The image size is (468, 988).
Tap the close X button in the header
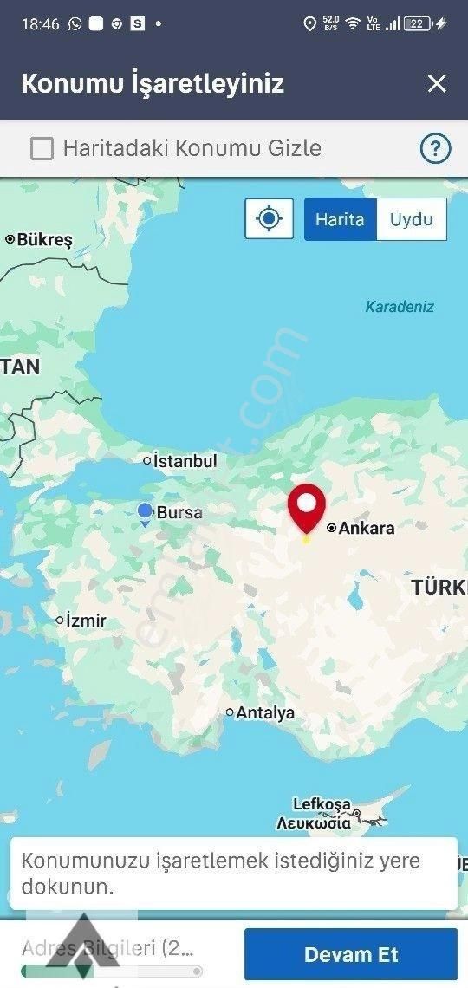point(437,83)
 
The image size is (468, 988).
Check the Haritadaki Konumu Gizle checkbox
point(42,149)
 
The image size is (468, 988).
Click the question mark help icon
point(435,149)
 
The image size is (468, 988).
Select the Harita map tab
point(340,219)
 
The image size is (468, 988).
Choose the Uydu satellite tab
point(411,219)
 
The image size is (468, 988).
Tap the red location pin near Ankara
point(306,508)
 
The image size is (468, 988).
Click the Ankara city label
point(366,528)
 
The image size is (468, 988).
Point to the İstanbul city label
point(185,461)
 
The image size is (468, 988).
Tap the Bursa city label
point(179,512)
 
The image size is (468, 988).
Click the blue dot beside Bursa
point(145,511)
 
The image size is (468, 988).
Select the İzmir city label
point(86,621)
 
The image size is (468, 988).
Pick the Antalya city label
point(265,713)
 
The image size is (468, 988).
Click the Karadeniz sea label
point(400,307)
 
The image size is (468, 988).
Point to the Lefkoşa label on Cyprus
point(321,803)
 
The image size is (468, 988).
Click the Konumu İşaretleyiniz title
point(153,84)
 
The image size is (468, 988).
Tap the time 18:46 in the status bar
point(40,24)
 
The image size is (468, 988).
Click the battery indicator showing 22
point(418,24)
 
